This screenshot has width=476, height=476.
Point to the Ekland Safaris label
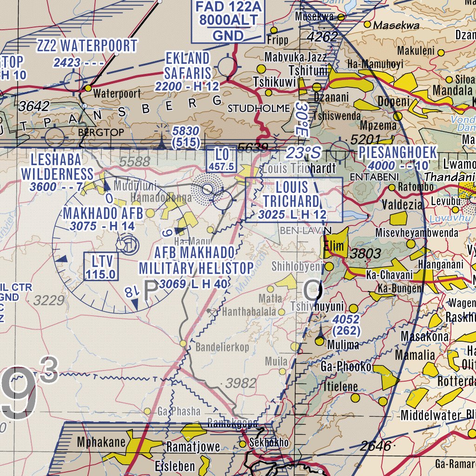point(187,66)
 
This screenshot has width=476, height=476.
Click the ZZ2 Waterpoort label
point(87,46)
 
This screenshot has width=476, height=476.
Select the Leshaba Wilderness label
point(57,167)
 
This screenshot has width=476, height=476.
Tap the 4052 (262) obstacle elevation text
point(346,324)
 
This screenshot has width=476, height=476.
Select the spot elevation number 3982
point(241,383)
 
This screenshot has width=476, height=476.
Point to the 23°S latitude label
point(303,152)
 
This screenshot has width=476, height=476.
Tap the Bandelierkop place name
point(222,347)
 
